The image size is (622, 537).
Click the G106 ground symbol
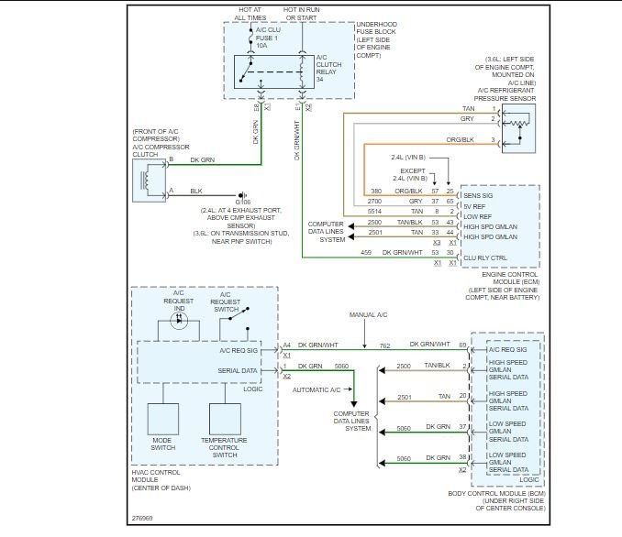coord(242,195)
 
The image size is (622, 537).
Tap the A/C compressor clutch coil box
coord(150,181)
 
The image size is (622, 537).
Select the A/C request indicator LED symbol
coord(179,320)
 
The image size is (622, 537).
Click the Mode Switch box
coord(163,419)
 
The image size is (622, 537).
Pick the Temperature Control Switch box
coord(225,419)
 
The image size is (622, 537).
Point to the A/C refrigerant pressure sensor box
coord(519,129)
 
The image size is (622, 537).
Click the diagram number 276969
coord(142,518)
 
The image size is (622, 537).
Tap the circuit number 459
coord(366,252)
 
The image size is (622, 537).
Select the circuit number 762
coord(384,346)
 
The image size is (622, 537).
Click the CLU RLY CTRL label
coord(485,258)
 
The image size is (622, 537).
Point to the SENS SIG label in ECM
coord(478,196)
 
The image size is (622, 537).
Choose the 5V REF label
coord(474,206)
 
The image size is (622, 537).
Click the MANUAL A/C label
coord(368,314)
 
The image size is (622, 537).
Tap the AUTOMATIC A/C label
coord(317,390)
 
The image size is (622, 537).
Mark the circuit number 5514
coord(374,212)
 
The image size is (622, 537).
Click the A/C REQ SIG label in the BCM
coord(507,349)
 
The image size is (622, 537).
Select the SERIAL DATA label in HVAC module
coord(238,370)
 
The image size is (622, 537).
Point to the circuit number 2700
coord(374,202)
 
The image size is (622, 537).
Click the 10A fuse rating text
coord(261,46)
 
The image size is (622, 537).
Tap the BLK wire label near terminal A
coord(196,191)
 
